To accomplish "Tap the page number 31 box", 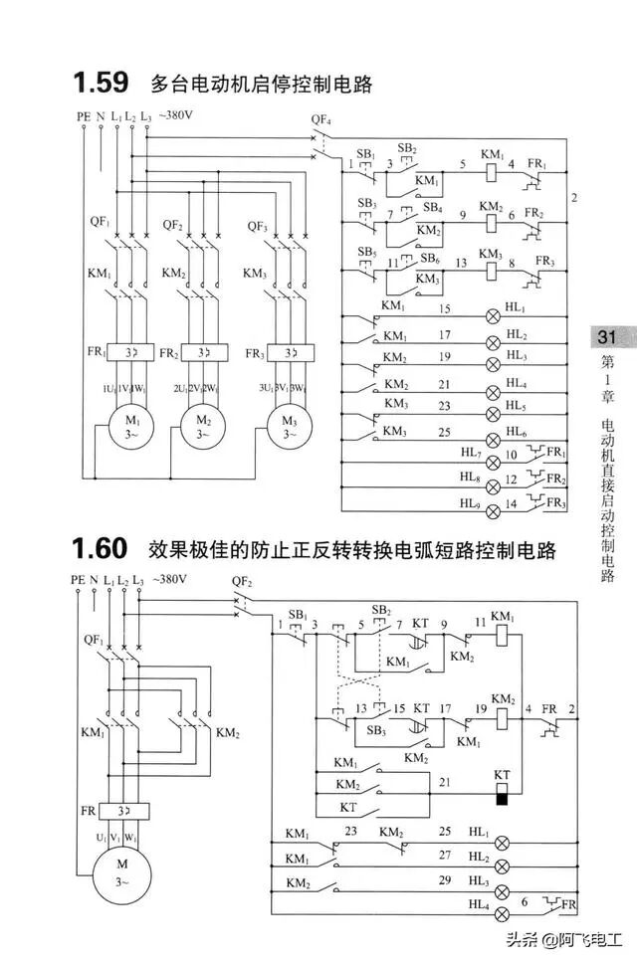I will (606, 337).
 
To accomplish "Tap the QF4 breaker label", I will (320, 120).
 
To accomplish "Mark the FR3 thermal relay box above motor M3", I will (291, 353).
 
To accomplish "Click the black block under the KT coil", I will (503, 796).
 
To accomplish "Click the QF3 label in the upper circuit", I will (257, 226).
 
